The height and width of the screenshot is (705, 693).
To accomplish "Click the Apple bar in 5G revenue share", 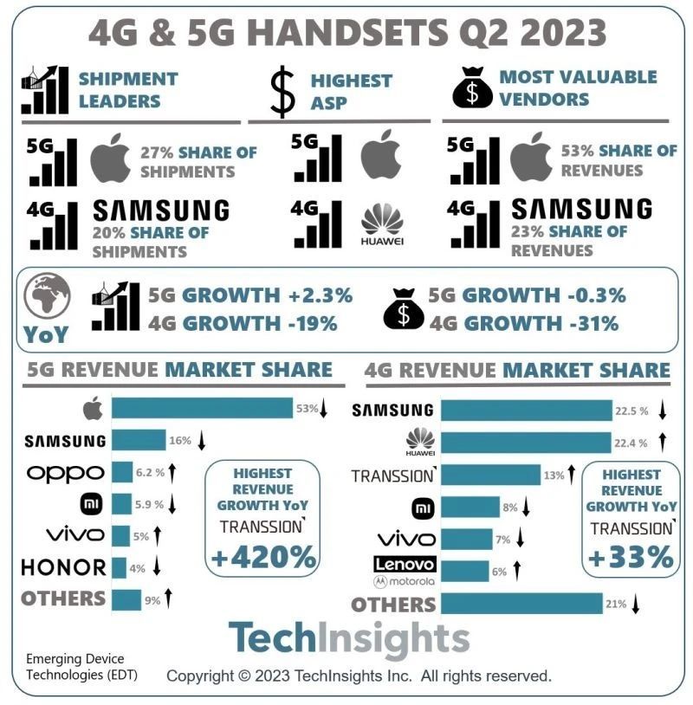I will coord(202,408).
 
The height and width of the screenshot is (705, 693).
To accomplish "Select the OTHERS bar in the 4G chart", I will coord(521,604).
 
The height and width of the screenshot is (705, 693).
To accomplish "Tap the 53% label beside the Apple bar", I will coord(307,408).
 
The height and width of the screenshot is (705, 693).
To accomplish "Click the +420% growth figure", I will coord(263,558).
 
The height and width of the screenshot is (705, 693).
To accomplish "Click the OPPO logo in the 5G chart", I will coord(65,473).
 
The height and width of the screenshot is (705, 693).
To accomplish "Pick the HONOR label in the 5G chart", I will coord(63,567).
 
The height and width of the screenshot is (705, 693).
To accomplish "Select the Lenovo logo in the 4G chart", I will coord(405,565).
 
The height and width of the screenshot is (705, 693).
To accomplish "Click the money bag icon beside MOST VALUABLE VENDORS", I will coord(473,88).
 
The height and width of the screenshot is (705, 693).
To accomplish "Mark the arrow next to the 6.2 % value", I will coord(172,473).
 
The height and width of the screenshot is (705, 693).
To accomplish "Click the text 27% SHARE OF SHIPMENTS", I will coord(198,161).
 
